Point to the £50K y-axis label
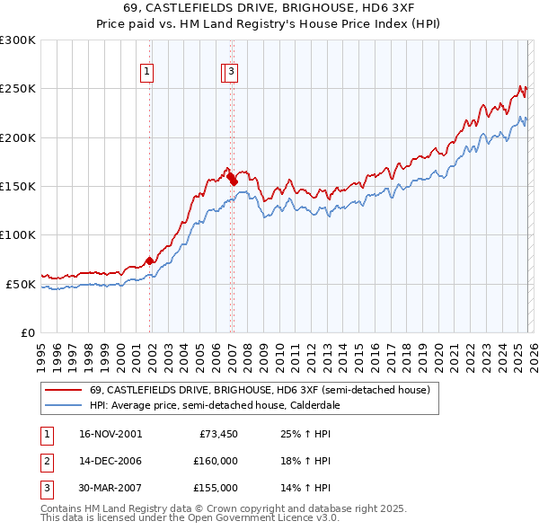pyautogui.click(x=21, y=284)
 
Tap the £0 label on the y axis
pyautogui.click(x=27, y=332)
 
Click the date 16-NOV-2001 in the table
pyautogui.click(x=110, y=434)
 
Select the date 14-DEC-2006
pyautogui.click(x=110, y=461)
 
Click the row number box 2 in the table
pyautogui.click(x=46, y=461)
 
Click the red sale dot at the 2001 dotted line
pyautogui.click(x=150, y=261)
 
